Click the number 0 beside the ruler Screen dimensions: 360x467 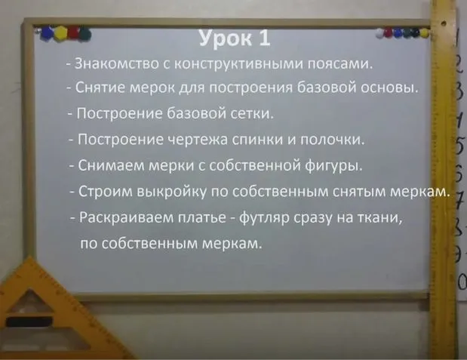pos(459,281)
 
